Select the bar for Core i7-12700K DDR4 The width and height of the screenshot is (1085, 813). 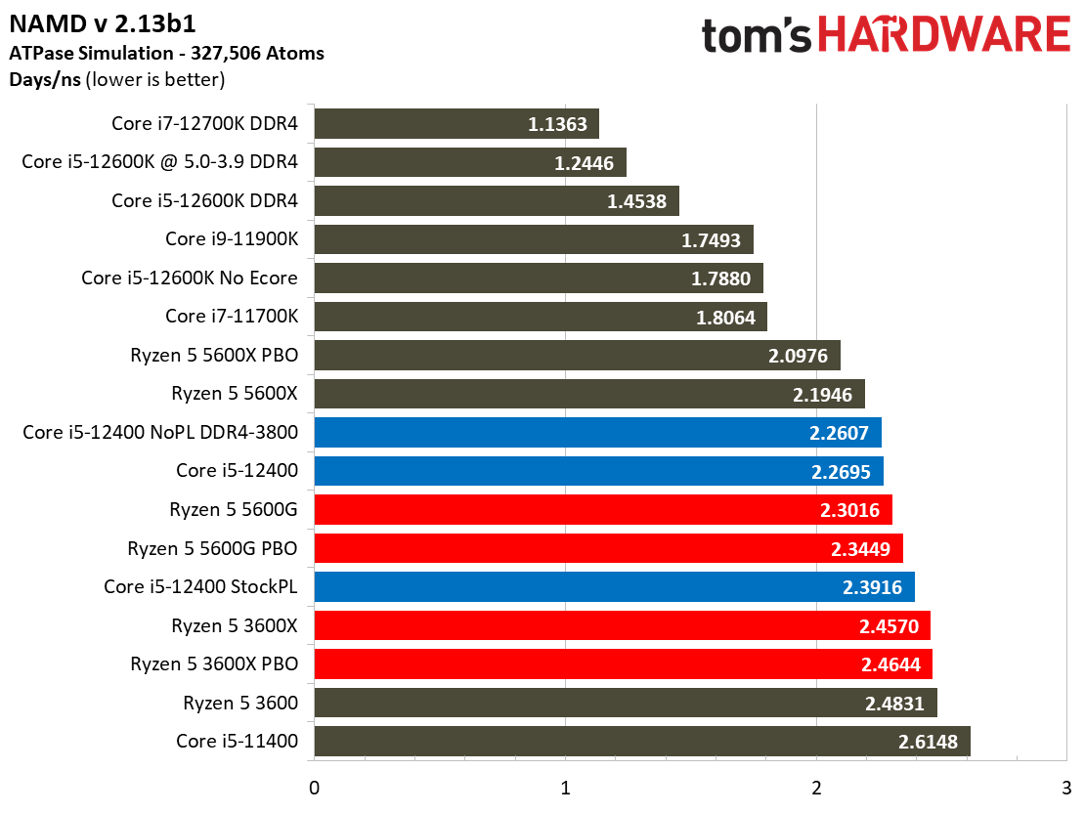coord(456,124)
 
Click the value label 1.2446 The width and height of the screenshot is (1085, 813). coord(584,163)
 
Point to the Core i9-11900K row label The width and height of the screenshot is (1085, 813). coord(232,239)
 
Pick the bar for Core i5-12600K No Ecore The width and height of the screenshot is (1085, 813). coord(538,278)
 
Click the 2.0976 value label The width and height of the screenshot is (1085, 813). coord(798,356)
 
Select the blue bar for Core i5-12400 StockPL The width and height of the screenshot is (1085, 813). coord(614,587)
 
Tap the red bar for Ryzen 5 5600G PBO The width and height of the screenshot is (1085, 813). coord(608,548)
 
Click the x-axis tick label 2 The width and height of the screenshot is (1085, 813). coord(816,788)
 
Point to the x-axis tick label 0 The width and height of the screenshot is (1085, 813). coord(314,788)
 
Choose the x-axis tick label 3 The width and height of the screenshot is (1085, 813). coord(1066,788)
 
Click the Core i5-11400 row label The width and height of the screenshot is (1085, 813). coord(237,741)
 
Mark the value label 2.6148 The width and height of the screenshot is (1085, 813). coord(928,742)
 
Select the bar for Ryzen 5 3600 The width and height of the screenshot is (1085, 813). coord(625,703)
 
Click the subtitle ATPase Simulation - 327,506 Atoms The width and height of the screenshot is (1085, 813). coord(166,53)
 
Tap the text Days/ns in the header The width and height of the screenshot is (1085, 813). coord(45,79)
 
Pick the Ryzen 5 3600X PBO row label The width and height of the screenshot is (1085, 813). coord(214,664)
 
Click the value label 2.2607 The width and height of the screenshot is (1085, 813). coord(839,433)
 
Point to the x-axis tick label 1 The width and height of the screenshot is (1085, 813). coord(565,788)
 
